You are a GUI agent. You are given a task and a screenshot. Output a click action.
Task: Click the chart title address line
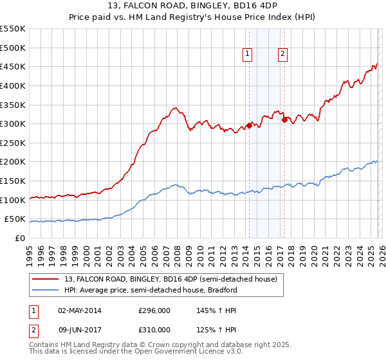193,7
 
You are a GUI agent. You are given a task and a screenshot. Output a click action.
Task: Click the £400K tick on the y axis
13,85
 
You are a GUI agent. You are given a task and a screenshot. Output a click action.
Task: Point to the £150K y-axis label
13,181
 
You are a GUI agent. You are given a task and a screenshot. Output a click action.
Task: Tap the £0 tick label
19,239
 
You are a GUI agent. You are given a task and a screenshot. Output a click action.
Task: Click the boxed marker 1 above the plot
248,55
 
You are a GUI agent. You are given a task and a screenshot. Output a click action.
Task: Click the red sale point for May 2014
249,125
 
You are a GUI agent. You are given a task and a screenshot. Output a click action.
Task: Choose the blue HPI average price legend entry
151,290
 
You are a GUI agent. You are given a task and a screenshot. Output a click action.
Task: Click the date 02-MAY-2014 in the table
79,310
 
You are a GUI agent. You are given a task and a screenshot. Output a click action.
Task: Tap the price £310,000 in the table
154,330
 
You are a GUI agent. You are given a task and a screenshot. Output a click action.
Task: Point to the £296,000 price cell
154,310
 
